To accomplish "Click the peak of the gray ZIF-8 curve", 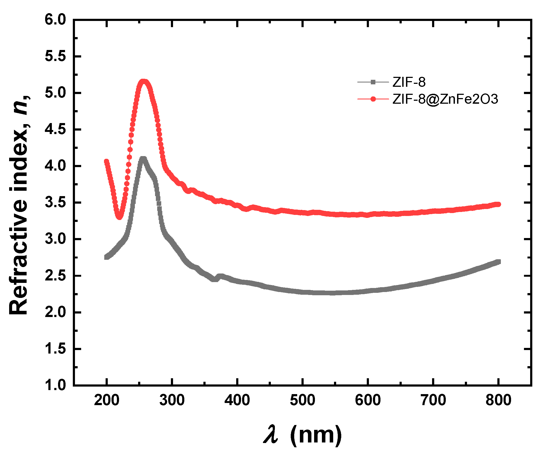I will point(143,159).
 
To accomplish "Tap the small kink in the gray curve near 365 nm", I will point(214,279).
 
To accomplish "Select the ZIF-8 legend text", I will point(409,82).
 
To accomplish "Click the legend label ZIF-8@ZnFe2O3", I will point(445,99).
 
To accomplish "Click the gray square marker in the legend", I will point(373,82).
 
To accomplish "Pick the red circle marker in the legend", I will point(373,99).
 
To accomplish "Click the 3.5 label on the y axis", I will point(55,203).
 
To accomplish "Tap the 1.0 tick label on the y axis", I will point(55,385).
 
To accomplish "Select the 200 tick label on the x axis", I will point(107,400).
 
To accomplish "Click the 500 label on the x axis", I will point(303,400).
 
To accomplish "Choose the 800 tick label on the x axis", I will point(498,400).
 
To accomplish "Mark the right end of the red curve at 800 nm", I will point(498,204).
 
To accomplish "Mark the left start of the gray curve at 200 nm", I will point(107,257).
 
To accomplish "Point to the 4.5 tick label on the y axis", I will point(55,129).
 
